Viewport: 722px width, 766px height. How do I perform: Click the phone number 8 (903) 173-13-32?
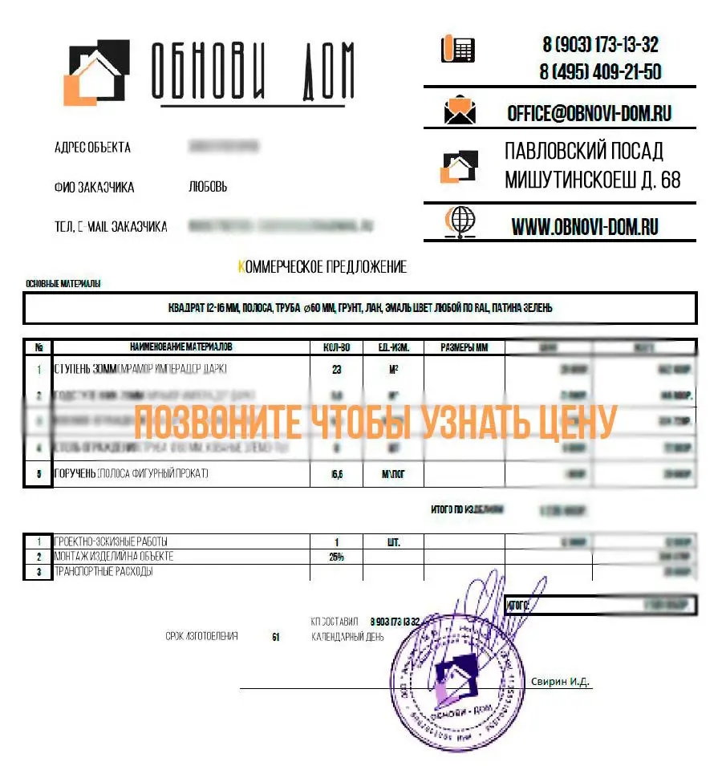coord(600,45)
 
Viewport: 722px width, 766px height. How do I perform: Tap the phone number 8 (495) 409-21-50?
coord(600,72)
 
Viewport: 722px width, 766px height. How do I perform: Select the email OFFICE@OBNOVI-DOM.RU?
coord(589,114)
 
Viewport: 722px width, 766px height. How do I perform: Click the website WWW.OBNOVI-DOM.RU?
coord(585,227)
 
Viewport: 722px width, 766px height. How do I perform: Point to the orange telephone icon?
coord(458,50)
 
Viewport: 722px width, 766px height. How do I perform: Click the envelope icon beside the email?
coord(460,111)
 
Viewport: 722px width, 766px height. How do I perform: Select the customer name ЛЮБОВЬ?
coord(208,188)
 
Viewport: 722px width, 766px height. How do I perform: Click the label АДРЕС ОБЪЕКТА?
coord(92,148)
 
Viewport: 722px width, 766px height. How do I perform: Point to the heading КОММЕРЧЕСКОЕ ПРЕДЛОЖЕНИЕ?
coord(322,267)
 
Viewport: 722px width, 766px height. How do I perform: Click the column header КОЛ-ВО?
coord(335,347)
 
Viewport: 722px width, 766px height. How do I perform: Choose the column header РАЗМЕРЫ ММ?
coord(464,347)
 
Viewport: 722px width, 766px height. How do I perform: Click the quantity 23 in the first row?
coord(335,370)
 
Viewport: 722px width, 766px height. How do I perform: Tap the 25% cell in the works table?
coord(335,557)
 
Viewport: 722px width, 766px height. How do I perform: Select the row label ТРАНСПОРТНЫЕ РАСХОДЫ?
coord(103,572)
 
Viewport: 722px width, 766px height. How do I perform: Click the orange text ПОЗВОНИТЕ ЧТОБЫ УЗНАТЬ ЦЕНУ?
coord(375,421)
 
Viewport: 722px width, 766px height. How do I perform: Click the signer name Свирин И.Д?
coord(560,682)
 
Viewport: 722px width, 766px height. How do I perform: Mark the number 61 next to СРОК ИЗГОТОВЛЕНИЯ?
coord(275,637)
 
